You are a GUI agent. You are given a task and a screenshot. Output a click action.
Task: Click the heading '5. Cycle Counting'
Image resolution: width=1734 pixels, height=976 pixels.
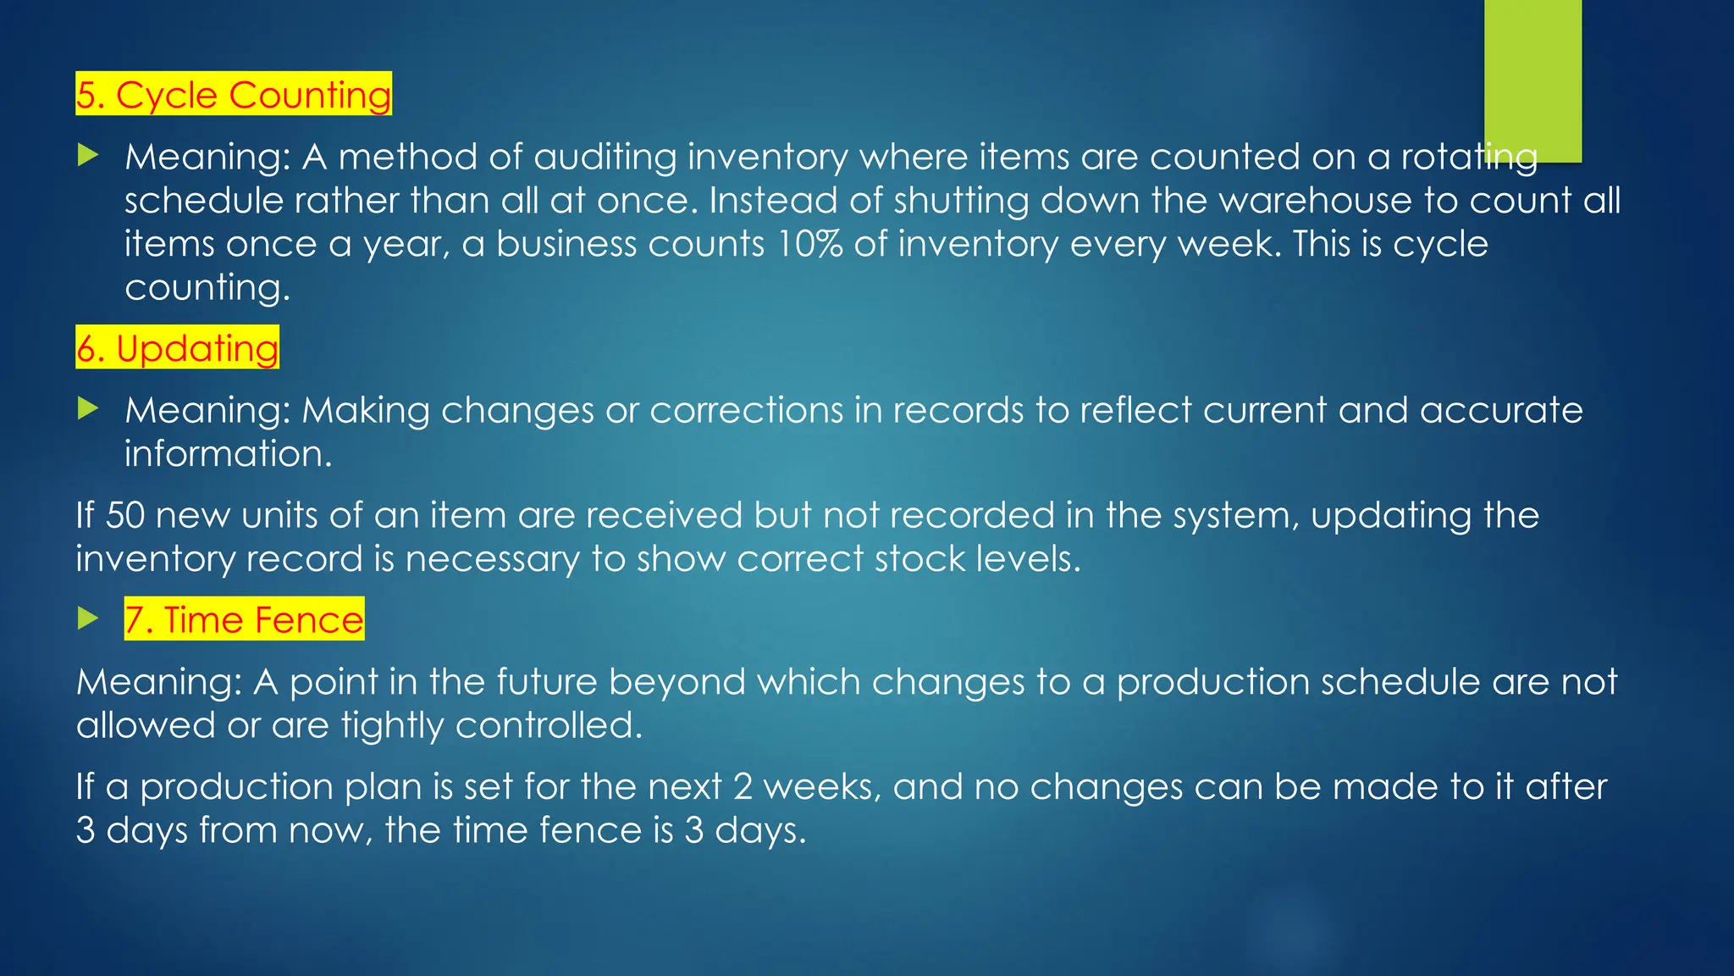(x=234, y=94)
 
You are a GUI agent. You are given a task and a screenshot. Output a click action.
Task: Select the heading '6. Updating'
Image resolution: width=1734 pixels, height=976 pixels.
(x=177, y=348)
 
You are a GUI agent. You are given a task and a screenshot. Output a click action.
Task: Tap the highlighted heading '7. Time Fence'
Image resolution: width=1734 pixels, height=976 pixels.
(x=244, y=619)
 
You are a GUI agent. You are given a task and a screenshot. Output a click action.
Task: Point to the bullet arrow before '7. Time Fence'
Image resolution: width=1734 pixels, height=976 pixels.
(x=88, y=618)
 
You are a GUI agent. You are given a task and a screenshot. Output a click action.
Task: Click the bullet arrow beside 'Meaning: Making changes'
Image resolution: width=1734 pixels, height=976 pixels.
(x=88, y=409)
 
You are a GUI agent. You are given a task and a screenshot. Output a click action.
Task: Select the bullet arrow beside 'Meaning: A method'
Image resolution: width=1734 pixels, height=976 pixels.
(x=88, y=155)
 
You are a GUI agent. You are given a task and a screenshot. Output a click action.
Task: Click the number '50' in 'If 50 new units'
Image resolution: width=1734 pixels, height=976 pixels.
(x=124, y=515)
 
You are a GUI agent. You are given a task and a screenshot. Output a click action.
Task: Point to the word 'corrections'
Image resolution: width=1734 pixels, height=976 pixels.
(x=746, y=410)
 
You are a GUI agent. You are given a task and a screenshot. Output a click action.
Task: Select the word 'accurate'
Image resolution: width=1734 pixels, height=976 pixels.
(x=1501, y=410)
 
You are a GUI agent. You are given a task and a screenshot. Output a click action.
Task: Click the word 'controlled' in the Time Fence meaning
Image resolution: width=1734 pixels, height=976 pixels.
(x=549, y=725)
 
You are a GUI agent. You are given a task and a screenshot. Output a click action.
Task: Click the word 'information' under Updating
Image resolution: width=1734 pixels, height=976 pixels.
(x=228, y=453)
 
